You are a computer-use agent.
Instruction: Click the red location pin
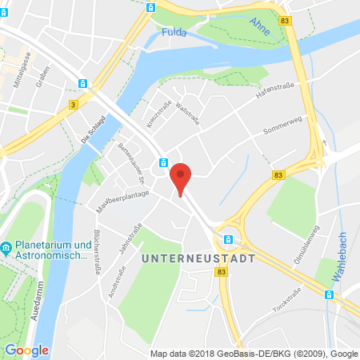(182, 178)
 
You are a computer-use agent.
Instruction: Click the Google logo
(26, 350)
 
